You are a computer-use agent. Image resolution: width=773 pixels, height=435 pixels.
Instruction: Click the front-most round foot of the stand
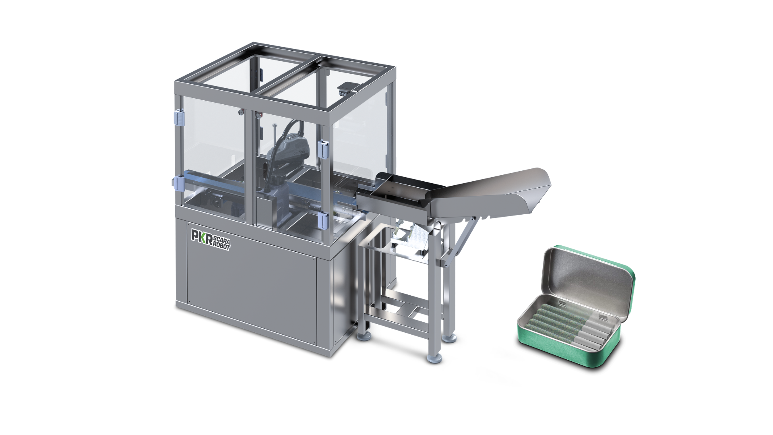(434, 356)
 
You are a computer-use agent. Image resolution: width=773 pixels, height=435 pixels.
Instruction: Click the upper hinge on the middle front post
(322, 149)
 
